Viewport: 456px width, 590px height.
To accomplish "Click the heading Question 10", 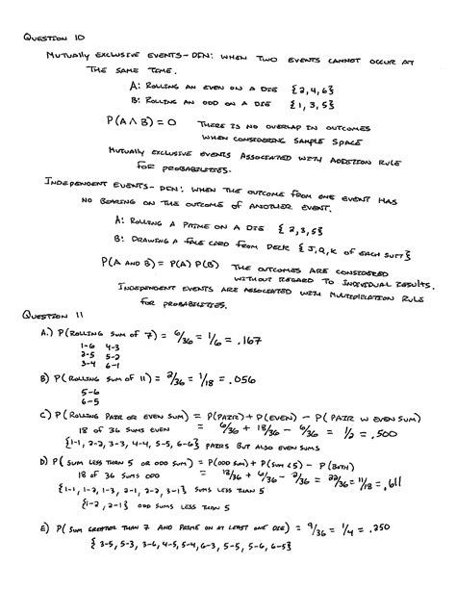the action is (49, 37).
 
